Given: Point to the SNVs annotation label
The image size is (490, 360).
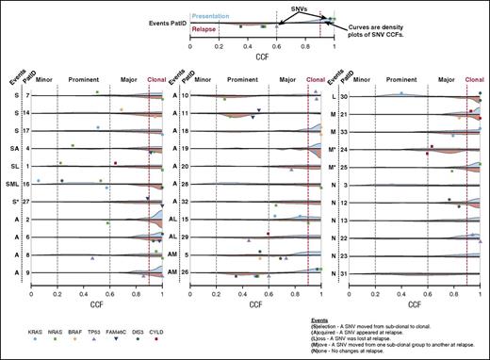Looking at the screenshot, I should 282,6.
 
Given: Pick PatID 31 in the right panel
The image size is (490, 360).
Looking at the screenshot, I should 346,272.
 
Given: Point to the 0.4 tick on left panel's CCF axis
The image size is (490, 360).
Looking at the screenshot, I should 84,293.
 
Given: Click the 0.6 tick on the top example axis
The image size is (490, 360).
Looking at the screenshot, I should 276,44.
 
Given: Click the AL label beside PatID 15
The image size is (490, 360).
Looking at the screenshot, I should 172,219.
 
